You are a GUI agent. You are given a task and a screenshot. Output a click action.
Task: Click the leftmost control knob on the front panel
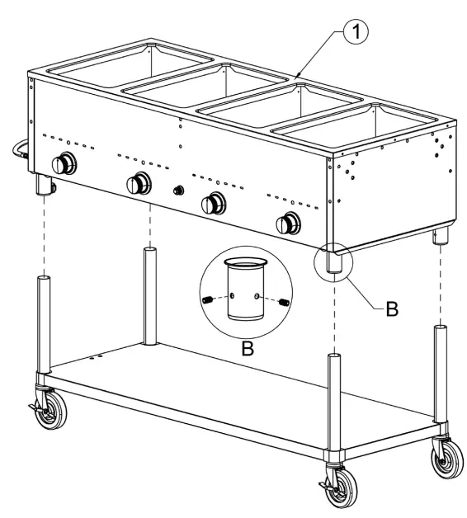click(x=64, y=162)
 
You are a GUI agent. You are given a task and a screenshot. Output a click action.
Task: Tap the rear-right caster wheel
click(x=446, y=457)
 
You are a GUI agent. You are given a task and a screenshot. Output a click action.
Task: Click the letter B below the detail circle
click(x=246, y=348)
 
